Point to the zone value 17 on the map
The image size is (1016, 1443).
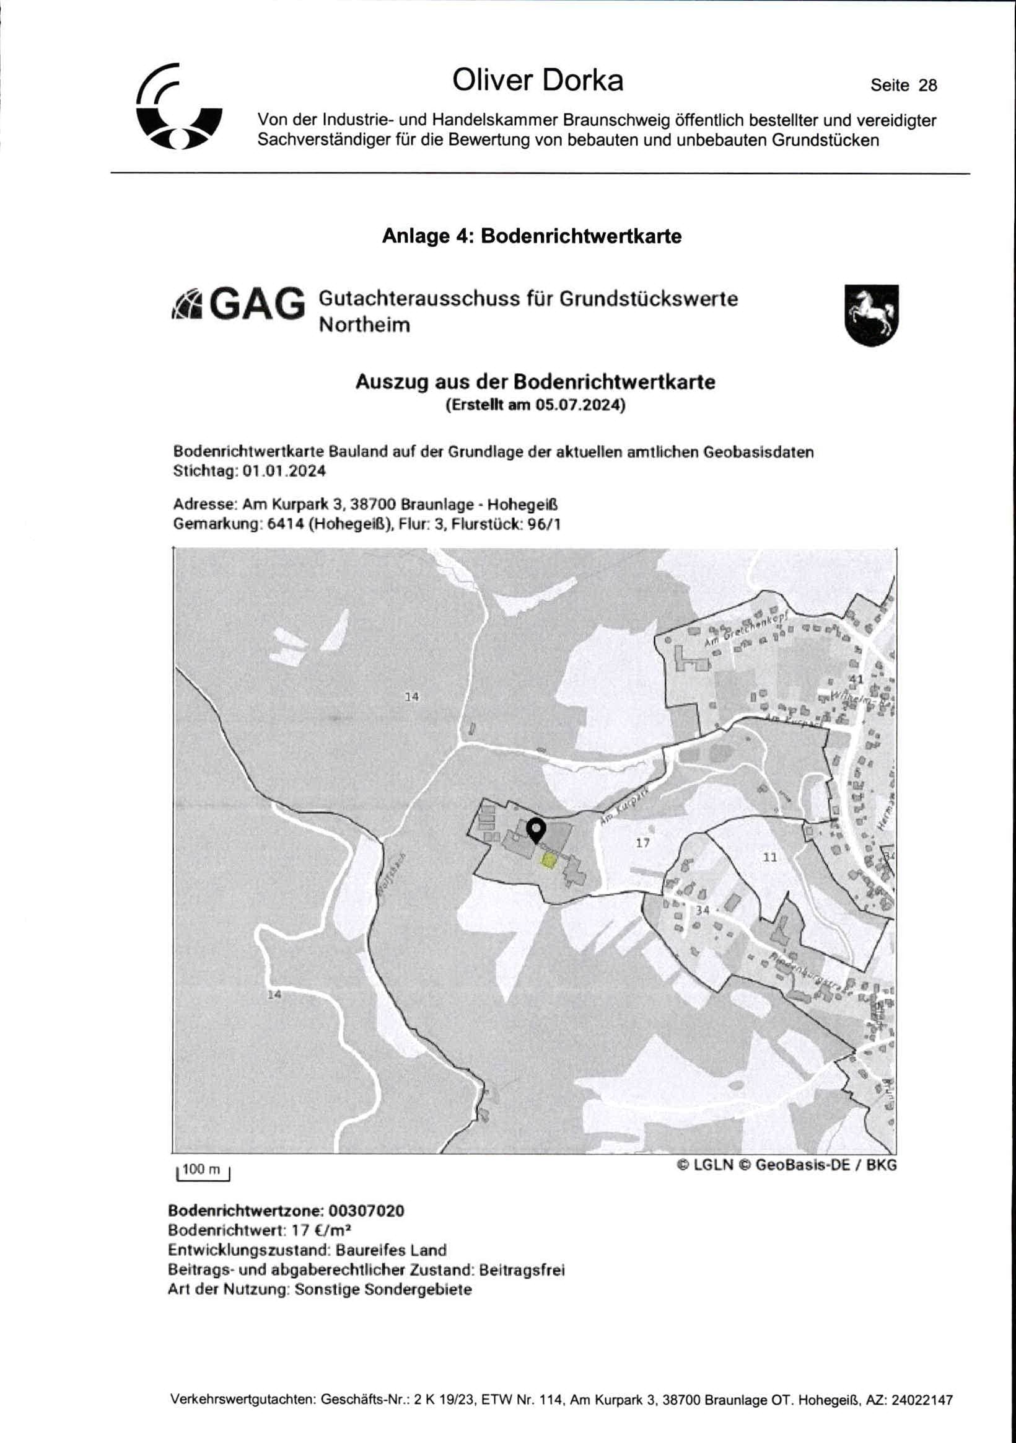pyautogui.click(x=642, y=843)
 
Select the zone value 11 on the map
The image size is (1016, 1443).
pyautogui.click(x=769, y=857)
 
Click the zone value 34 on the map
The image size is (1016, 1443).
pyautogui.click(x=703, y=910)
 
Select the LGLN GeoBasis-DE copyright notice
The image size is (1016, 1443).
pyautogui.click(x=786, y=1165)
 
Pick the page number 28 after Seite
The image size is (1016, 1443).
pyautogui.click(x=927, y=86)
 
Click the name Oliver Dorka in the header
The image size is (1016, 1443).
pyautogui.click(x=537, y=81)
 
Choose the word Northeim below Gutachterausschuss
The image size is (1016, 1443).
pyautogui.click(x=364, y=325)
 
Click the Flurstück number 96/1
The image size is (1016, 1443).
pyautogui.click(x=543, y=524)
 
